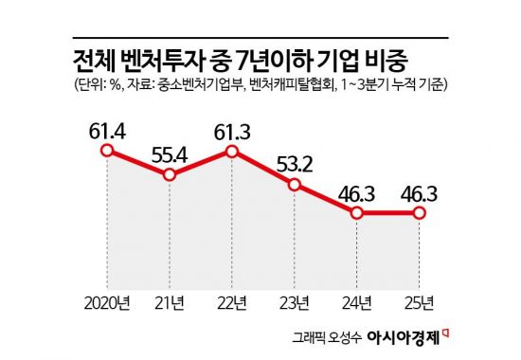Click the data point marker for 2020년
click(108, 150)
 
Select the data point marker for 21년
click(171, 176)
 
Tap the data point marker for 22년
click(233, 151)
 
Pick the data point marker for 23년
click(296, 186)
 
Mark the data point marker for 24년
click(358, 213)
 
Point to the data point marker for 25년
click(420, 213)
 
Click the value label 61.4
click(108, 126)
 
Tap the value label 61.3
click(233, 126)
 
